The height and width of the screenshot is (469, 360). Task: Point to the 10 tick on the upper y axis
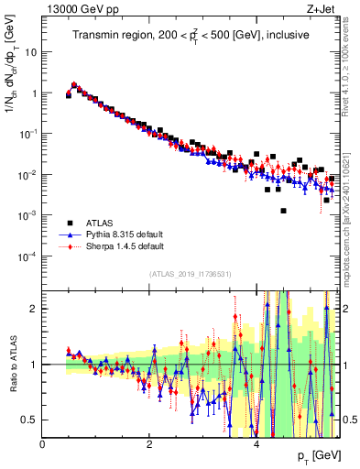(30, 51)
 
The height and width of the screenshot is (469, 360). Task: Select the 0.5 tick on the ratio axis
(29, 420)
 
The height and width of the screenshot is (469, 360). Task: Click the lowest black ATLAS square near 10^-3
(284, 211)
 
